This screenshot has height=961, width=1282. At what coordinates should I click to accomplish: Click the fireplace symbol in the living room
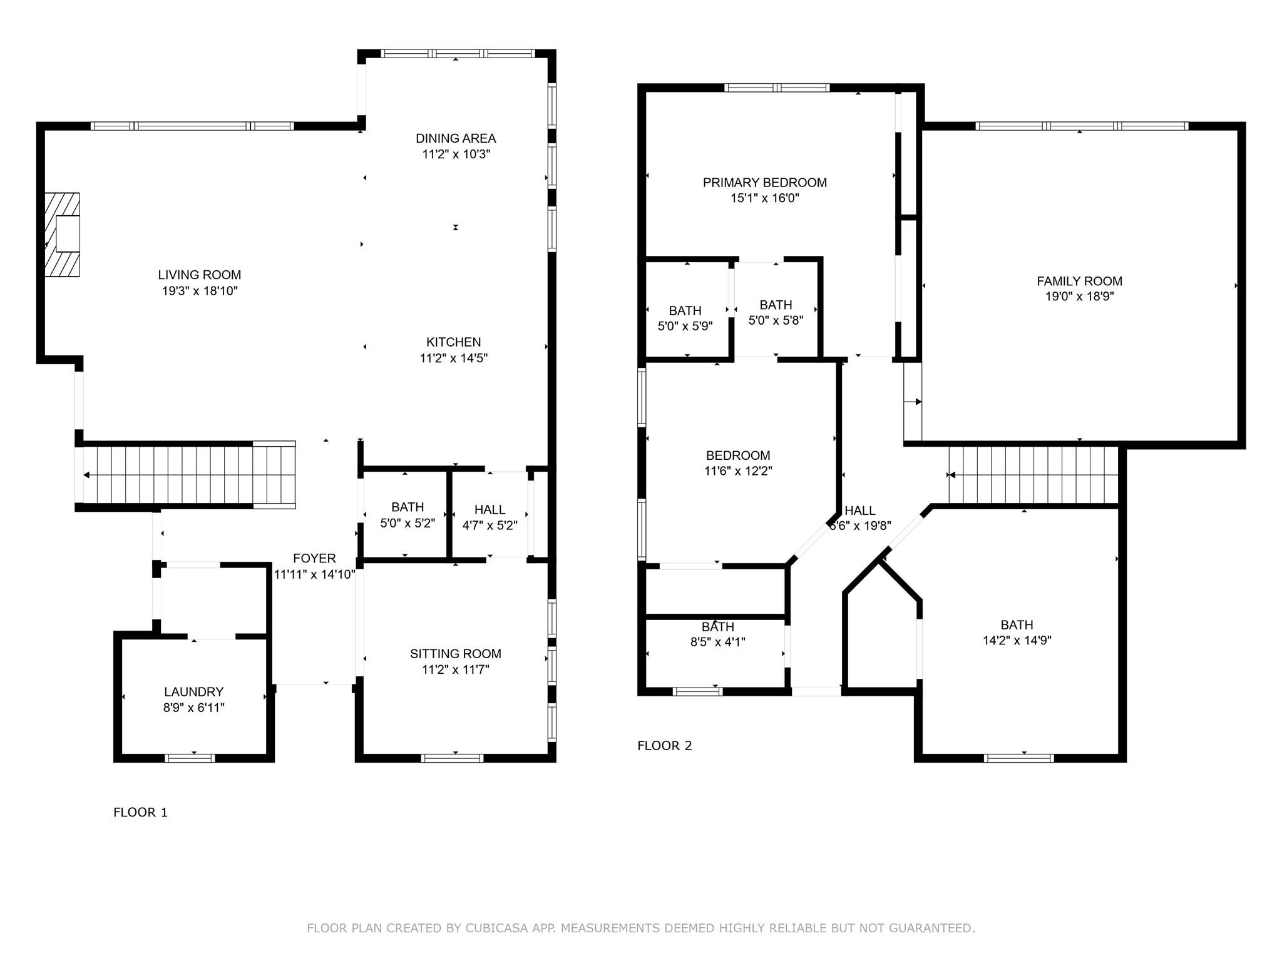coord(63,235)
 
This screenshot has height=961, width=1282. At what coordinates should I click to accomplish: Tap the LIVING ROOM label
coord(199,275)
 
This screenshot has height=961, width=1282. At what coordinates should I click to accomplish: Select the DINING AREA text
coord(456,138)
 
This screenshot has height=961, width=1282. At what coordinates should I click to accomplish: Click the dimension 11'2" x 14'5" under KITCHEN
coord(453,358)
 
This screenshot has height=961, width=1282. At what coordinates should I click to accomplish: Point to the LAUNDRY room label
coord(193,692)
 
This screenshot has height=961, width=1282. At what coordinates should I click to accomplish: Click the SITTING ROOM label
coord(455,654)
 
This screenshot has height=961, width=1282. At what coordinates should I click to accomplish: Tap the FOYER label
coord(314,558)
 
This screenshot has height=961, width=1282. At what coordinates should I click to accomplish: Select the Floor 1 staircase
coord(188,475)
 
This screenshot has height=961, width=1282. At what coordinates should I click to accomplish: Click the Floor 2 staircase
coord(1033,475)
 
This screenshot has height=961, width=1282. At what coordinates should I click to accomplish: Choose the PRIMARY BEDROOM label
coord(764,183)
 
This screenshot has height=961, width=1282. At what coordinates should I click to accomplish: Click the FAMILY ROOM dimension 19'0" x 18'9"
coord(1079,297)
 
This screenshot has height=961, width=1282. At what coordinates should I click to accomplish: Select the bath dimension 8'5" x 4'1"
coord(717,642)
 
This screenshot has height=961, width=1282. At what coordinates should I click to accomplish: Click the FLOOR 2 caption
coord(664,746)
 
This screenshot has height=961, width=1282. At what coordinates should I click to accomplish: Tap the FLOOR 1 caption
coord(140,813)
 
